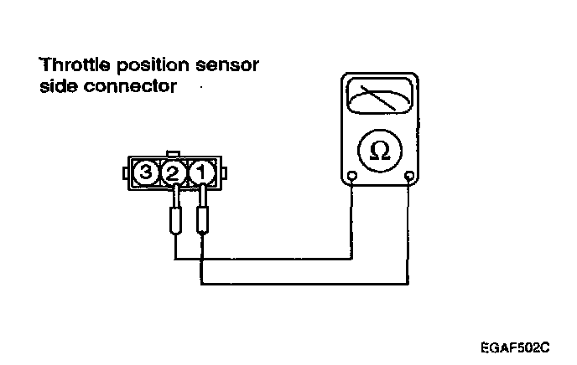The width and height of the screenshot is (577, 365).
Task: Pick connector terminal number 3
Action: [x=147, y=174]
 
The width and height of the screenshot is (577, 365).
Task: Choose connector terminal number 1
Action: [x=201, y=174]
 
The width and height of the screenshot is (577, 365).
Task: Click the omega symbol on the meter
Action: [x=379, y=151]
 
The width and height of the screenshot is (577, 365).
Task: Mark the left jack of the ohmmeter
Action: [x=353, y=177]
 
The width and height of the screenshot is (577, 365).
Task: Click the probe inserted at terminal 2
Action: [x=175, y=219]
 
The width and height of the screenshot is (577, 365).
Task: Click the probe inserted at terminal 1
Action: [x=202, y=219]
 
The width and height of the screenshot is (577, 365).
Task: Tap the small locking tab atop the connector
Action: [x=174, y=154]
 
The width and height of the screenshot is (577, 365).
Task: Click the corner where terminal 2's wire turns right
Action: [x=175, y=259]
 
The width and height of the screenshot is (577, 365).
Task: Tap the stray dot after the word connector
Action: [x=200, y=86]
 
